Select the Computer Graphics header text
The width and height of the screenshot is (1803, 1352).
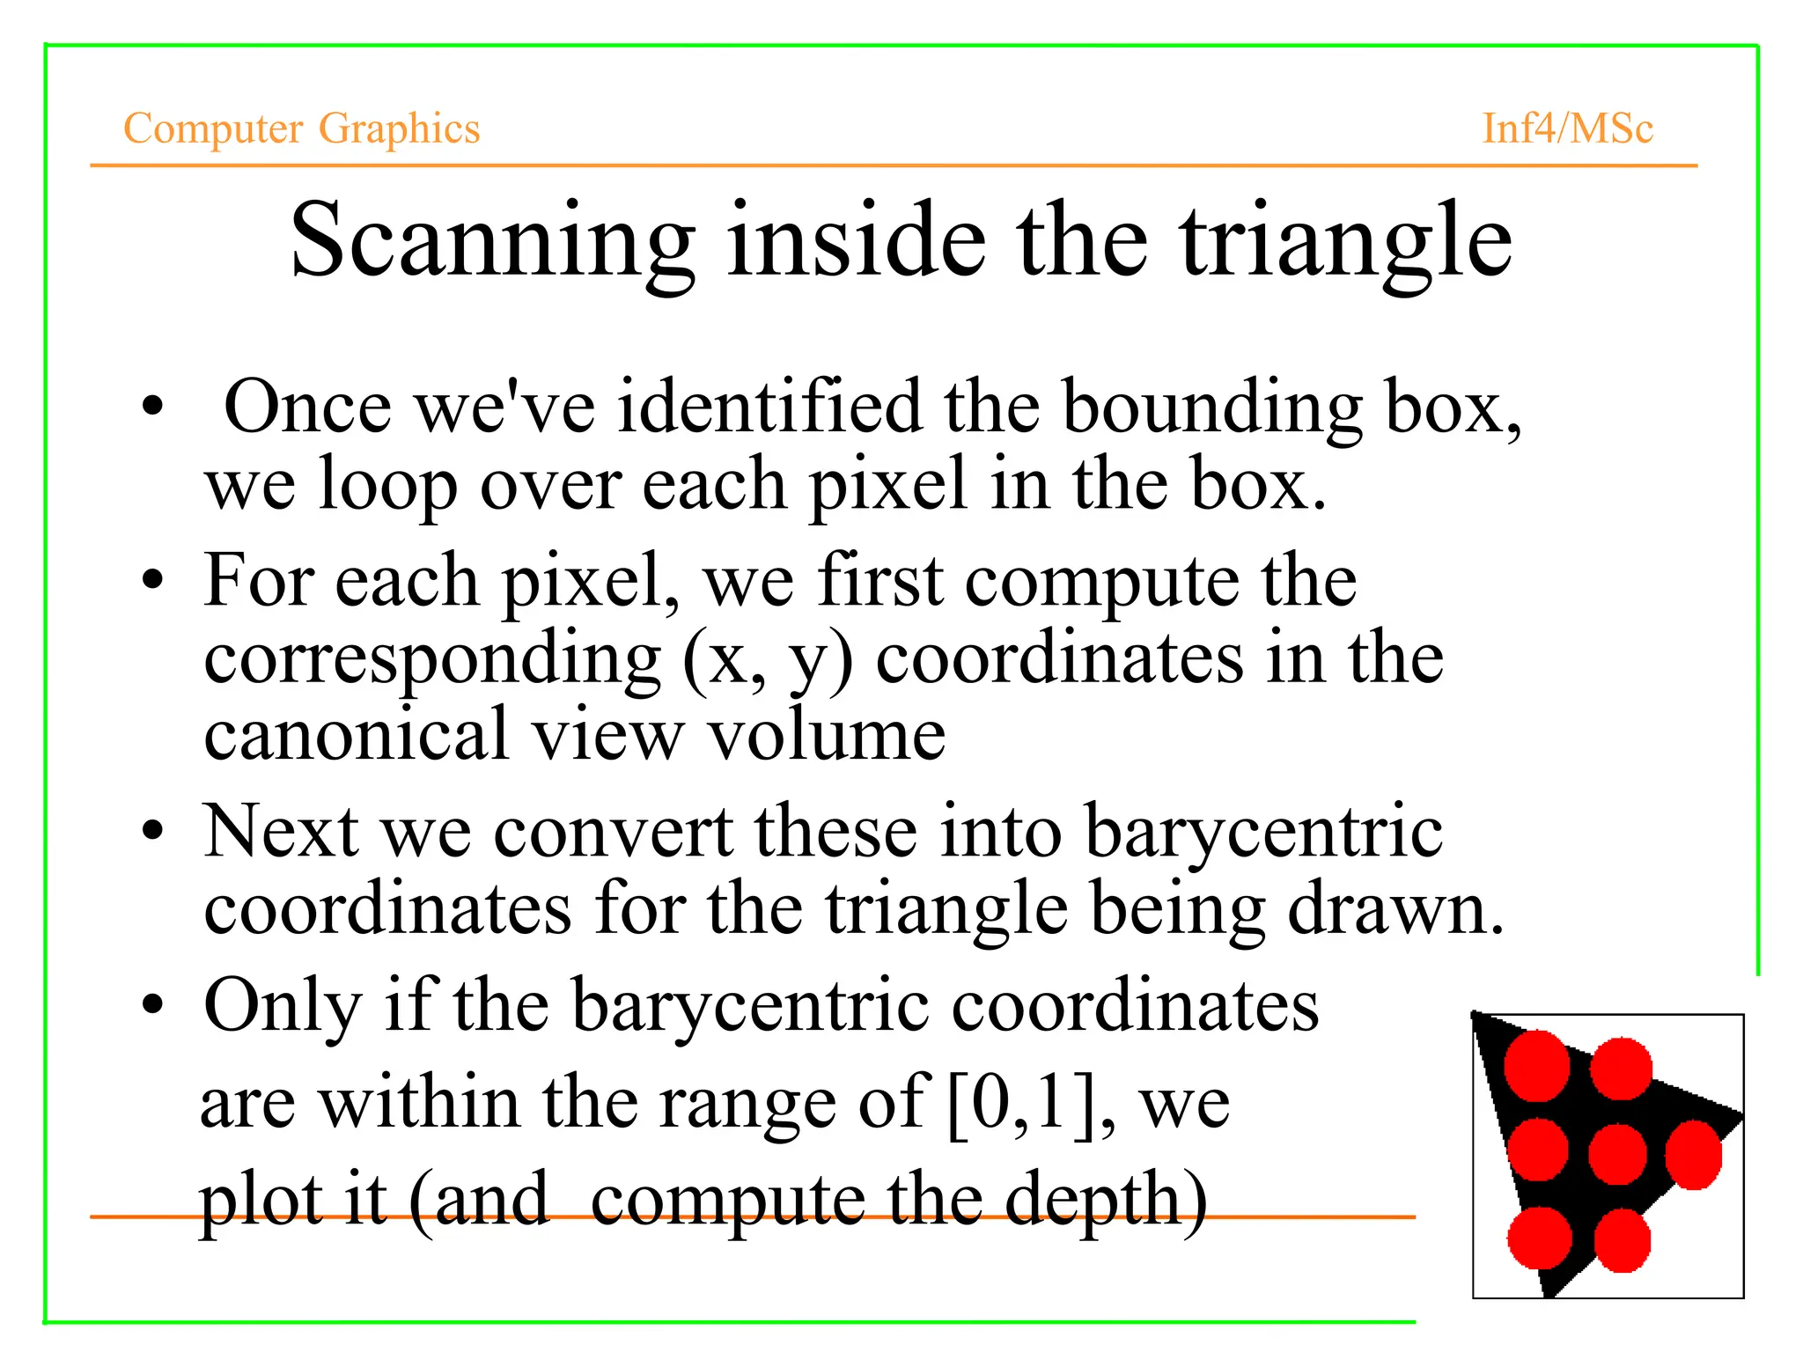[x=302, y=129]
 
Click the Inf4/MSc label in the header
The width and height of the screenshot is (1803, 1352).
[x=1568, y=129]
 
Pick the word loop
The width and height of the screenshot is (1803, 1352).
[x=387, y=485]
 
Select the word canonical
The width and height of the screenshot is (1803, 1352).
[x=357, y=735]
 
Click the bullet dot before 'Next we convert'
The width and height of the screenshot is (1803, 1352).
[x=153, y=831]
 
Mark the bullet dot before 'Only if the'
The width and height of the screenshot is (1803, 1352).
[x=153, y=1004]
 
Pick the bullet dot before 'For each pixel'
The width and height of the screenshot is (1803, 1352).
[x=153, y=580]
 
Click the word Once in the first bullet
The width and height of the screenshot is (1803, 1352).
[x=307, y=408]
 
